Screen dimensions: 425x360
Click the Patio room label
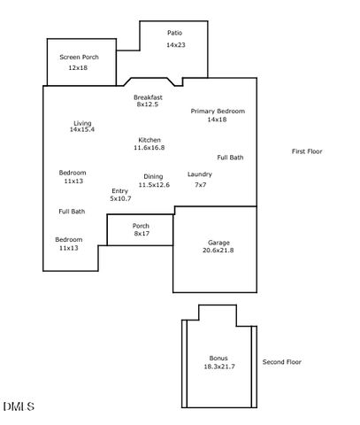coord(174,33)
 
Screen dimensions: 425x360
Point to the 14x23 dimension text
coord(174,44)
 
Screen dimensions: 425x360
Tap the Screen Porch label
coord(79,57)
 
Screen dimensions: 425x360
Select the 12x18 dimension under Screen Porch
coord(79,68)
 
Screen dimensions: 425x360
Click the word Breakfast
coord(149,97)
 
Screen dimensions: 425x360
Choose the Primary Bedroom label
coord(218,111)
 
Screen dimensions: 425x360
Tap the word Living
coord(82,123)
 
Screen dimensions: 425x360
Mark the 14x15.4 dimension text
coord(82,130)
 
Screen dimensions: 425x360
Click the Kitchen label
coord(149,140)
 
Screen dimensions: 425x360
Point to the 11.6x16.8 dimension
coord(149,148)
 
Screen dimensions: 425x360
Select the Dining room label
coord(153,176)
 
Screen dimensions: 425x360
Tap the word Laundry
coord(200,174)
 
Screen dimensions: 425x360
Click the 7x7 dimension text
coord(200,185)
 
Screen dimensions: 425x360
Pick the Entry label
coord(120,191)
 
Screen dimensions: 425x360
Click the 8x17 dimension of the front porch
coord(141,234)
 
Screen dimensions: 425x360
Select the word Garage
coord(218,243)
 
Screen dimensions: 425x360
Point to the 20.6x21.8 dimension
coord(218,251)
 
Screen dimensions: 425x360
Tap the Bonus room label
coord(218,358)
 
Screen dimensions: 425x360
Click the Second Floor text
coord(282,362)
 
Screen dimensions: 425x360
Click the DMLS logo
coord(19,406)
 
